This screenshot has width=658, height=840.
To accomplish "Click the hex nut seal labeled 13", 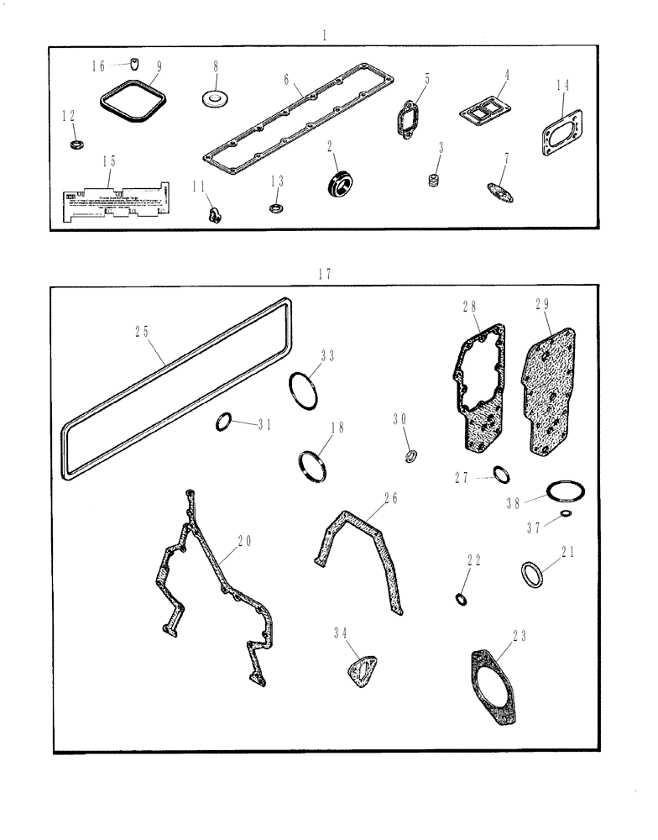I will (274, 206).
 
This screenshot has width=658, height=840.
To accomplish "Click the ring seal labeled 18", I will (312, 465).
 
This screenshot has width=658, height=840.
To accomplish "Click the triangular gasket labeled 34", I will (360, 672).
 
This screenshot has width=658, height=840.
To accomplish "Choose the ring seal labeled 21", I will (531, 577).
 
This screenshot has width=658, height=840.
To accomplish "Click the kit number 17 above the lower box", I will (325, 274).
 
